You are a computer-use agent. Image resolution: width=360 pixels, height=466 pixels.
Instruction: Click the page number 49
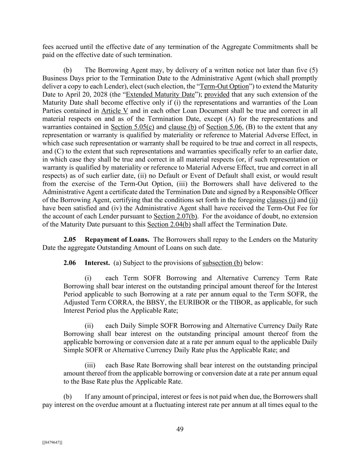point(180,429)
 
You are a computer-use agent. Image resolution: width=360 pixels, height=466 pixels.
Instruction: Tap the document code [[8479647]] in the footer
point(52,442)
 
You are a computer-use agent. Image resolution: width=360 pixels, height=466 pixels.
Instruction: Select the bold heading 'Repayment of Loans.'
point(117,240)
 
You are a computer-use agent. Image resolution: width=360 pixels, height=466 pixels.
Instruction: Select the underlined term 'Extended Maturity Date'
point(160,95)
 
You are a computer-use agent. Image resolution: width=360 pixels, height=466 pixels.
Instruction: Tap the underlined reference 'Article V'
point(115,111)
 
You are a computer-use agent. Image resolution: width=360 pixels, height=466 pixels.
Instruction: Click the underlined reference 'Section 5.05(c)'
point(132,127)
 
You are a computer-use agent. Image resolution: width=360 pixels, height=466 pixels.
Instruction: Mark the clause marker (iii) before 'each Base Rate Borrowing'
point(90,365)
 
